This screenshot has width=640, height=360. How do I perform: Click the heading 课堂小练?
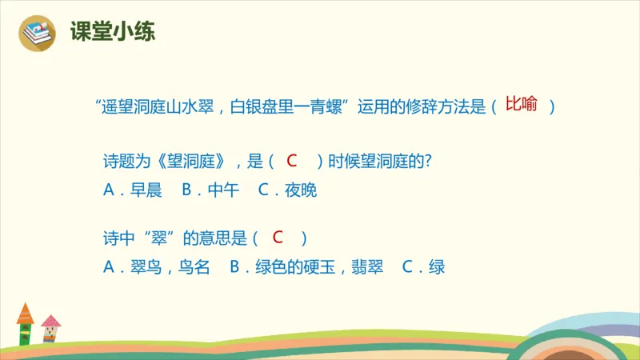(113, 32)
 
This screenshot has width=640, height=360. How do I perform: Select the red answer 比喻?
(521, 105)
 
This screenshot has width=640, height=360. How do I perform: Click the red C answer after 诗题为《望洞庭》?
(292, 161)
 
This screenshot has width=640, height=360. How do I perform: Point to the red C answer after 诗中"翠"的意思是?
(278, 238)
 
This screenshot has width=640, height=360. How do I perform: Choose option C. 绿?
(424, 268)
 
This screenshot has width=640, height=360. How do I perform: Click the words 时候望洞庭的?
(380, 162)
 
